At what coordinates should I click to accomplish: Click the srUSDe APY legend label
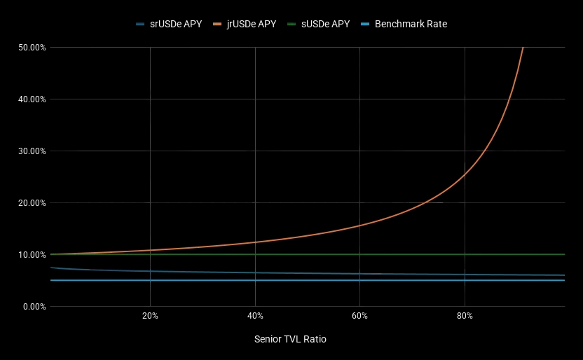(x=176, y=24)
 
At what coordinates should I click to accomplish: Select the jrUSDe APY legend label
(x=252, y=24)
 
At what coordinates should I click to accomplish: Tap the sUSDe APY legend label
(x=325, y=24)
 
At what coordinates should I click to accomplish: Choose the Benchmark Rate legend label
(x=411, y=24)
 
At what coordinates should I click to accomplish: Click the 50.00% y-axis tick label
(x=32, y=48)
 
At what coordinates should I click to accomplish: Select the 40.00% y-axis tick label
(x=32, y=99)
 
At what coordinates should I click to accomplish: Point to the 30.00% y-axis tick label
(x=32, y=151)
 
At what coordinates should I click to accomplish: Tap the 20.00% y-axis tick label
(x=32, y=203)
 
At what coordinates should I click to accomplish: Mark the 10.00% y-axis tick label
(x=32, y=255)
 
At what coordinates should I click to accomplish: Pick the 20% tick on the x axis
(x=150, y=316)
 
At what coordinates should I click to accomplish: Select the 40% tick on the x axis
(x=255, y=316)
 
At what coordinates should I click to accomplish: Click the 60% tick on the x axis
(x=359, y=316)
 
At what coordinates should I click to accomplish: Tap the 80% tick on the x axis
(x=465, y=316)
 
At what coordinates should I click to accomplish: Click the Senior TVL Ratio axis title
(x=290, y=339)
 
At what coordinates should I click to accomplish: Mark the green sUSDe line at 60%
(x=359, y=254)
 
